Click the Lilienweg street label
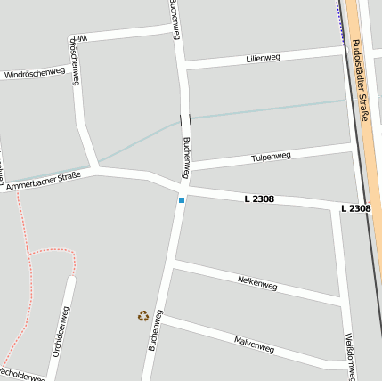pyautogui.click(x=263, y=58)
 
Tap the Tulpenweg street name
pyautogui.click(x=272, y=158)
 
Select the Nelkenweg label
pyautogui.click(x=257, y=283)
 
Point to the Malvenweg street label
pyautogui.click(x=254, y=345)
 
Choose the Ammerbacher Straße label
pyautogui.click(x=43, y=182)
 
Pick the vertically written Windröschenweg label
pyautogui.click(x=77, y=61)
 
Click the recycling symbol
pyautogui.click(x=143, y=315)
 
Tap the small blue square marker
pyautogui.click(x=182, y=200)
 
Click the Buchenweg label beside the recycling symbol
pyautogui.click(x=156, y=328)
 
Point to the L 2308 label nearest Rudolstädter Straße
pyautogui.click(x=355, y=208)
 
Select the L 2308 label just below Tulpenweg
pyautogui.click(x=259, y=199)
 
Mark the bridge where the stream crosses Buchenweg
pyautogui.click(x=184, y=118)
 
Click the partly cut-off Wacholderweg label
pyautogui.click(x=21, y=375)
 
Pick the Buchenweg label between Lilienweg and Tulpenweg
pyautogui.click(x=186, y=157)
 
